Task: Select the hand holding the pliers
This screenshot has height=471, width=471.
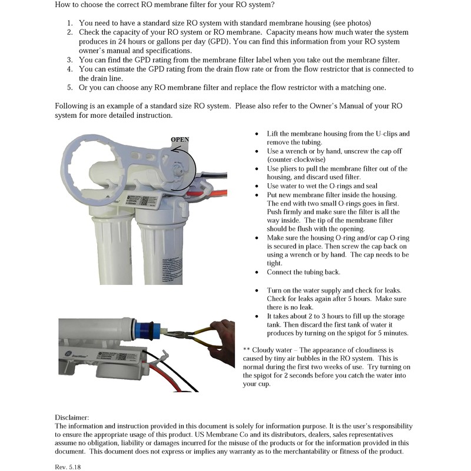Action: click(221, 336)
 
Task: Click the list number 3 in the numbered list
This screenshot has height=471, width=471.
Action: click(69, 60)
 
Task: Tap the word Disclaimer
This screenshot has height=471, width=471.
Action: click(72, 417)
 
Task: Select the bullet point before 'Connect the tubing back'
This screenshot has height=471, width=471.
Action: click(256, 273)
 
